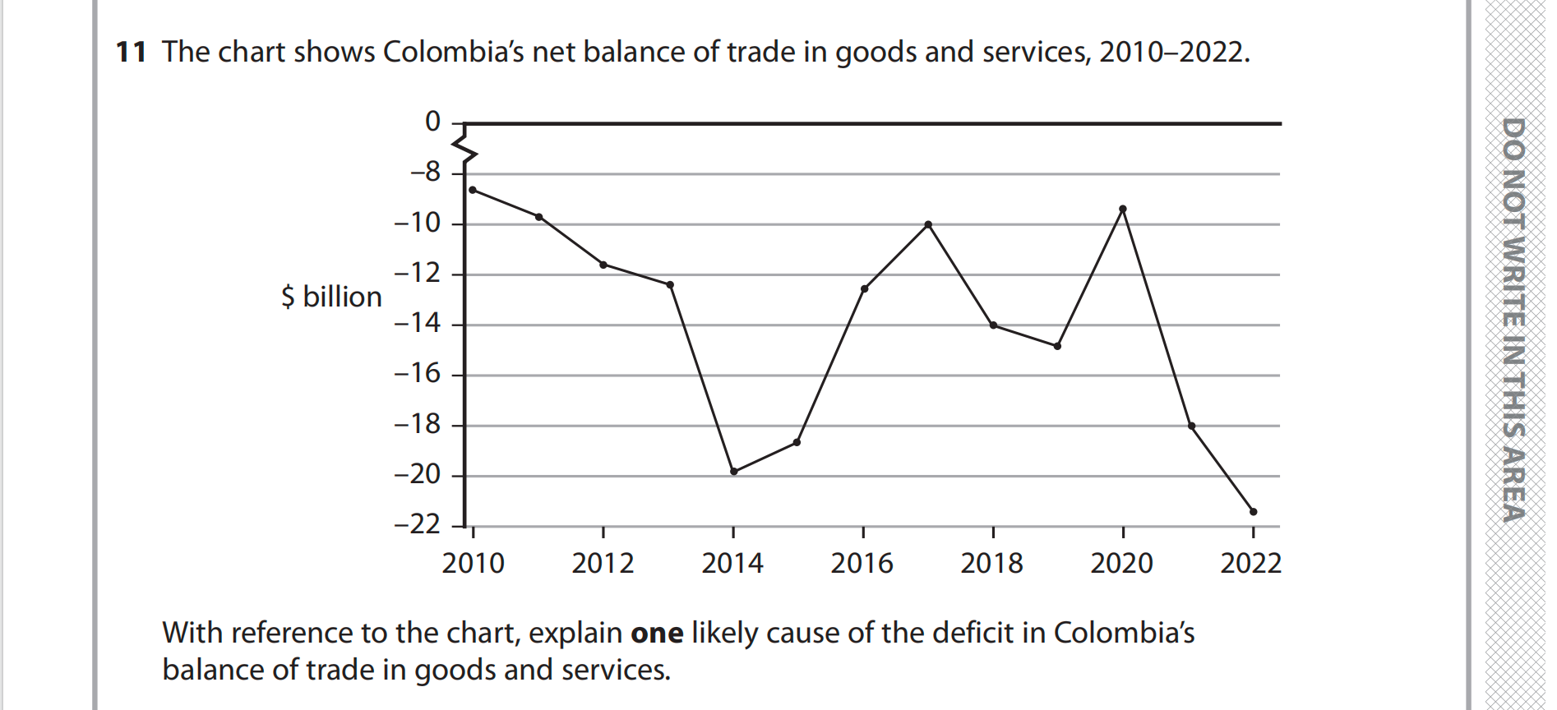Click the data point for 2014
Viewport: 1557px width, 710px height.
click(734, 472)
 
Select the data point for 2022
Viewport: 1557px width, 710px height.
click(1253, 512)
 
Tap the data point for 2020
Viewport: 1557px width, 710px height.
click(1123, 209)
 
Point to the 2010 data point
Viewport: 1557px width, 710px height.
click(473, 190)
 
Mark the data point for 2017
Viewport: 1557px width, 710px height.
click(928, 224)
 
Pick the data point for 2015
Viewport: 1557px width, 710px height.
click(797, 443)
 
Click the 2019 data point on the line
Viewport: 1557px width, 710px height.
click(1057, 346)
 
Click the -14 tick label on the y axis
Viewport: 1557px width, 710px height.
click(418, 323)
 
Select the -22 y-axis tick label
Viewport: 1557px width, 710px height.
click(418, 524)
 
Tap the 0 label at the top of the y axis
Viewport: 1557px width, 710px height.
click(432, 122)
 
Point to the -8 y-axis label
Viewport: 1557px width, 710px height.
click(426, 173)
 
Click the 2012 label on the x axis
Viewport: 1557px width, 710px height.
click(603, 564)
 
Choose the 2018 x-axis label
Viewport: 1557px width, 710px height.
click(992, 564)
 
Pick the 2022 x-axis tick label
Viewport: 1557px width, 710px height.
click(1251, 564)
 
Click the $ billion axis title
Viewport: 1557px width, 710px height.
click(331, 297)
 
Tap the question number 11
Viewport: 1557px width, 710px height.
click(131, 53)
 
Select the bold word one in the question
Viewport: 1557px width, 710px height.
click(657, 634)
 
